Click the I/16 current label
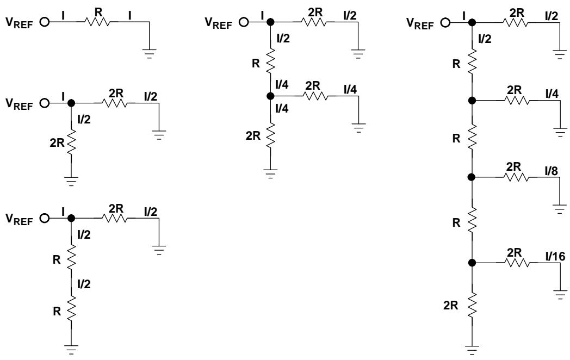click(x=555, y=257)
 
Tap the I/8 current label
click(x=552, y=171)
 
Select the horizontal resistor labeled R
click(x=97, y=22)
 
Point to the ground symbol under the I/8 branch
click(x=560, y=209)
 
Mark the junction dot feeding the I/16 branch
click(x=472, y=263)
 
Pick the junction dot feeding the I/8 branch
click(x=472, y=177)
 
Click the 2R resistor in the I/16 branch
click(x=517, y=263)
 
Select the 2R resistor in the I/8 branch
click(x=516, y=177)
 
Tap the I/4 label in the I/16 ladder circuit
click(x=552, y=94)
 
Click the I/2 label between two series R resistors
click(x=84, y=284)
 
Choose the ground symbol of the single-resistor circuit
click(x=150, y=53)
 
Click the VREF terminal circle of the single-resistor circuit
click(x=45, y=22)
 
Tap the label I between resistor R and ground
click(x=130, y=15)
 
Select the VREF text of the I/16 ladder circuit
click(x=420, y=23)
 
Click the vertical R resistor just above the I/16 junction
click(x=472, y=220)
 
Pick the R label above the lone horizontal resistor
click(x=98, y=11)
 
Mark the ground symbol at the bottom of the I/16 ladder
click(x=472, y=350)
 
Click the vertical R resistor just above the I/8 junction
click(x=472, y=136)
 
